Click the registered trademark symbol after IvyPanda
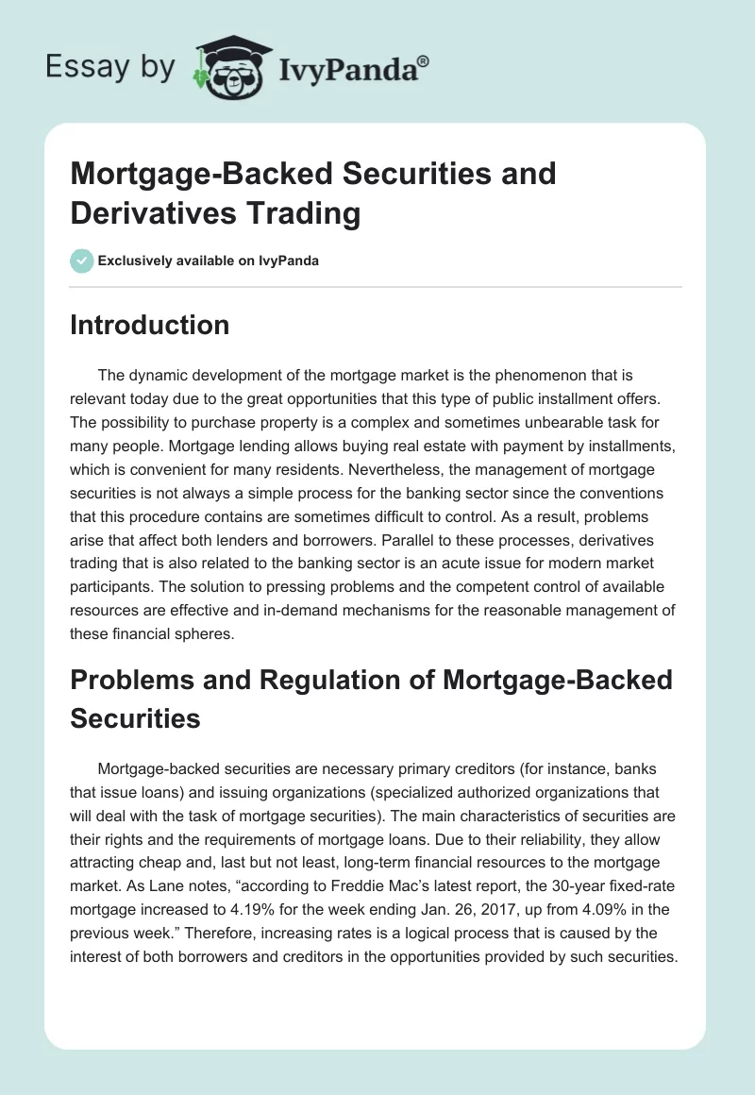coord(424,61)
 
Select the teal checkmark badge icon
coord(82,261)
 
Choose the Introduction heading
coord(149,325)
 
